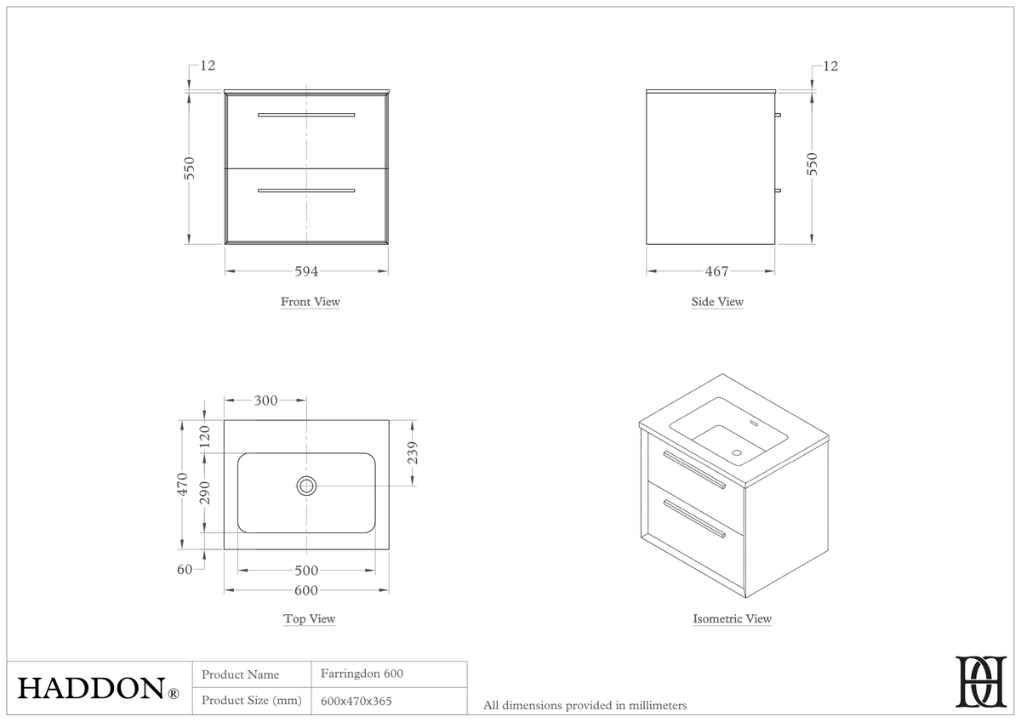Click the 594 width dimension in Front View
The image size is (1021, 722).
(x=306, y=271)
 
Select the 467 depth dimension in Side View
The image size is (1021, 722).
(x=717, y=271)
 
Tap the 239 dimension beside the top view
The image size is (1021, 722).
(x=413, y=452)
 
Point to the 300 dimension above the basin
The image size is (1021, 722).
(x=265, y=401)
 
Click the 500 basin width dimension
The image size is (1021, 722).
(x=306, y=571)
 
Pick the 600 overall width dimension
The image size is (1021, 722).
(x=306, y=590)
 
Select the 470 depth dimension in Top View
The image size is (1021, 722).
(x=182, y=485)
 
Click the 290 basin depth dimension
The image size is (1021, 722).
(x=205, y=493)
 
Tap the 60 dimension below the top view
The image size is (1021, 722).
(x=185, y=570)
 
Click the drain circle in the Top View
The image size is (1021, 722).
(x=306, y=486)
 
